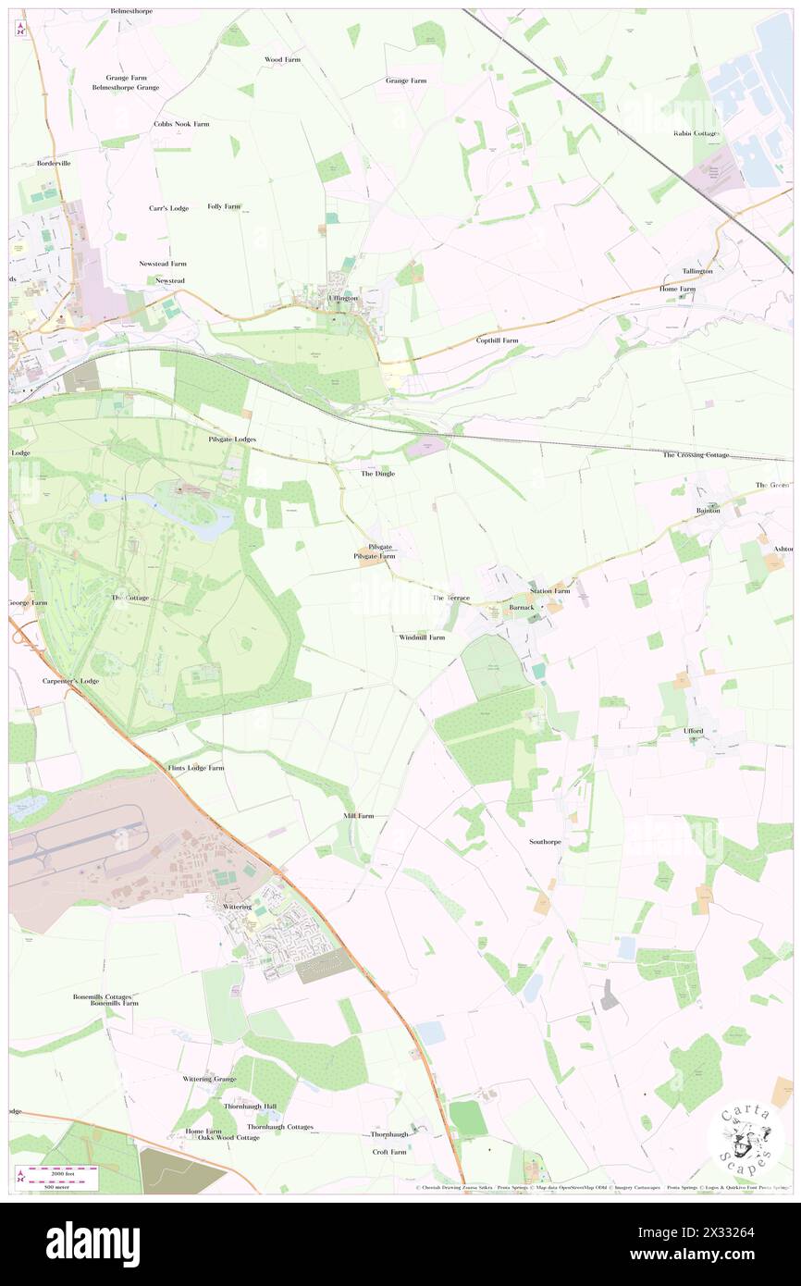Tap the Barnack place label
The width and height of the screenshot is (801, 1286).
click(522, 608)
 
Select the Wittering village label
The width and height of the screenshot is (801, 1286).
click(237, 907)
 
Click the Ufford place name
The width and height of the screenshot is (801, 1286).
click(694, 731)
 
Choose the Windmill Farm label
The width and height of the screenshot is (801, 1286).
click(422, 637)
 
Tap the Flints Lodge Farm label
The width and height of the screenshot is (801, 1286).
click(194, 768)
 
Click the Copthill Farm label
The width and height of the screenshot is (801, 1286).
click(497, 340)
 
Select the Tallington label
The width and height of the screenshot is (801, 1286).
click(697, 271)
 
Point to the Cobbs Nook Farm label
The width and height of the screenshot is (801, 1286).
click(181, 123)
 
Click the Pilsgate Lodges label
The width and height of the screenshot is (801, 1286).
click(231, 439)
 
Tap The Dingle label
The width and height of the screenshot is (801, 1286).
click(377, 474)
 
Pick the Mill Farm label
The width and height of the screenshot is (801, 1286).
click(358, 816)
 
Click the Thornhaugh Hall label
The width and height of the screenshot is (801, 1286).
click(250, 1107)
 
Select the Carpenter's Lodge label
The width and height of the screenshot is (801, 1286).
click(70, 681)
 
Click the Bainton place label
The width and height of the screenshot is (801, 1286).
click(708, 511)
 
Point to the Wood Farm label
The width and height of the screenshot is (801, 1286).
click(282, 59)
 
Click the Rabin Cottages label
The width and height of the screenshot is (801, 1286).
click(696, 133)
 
